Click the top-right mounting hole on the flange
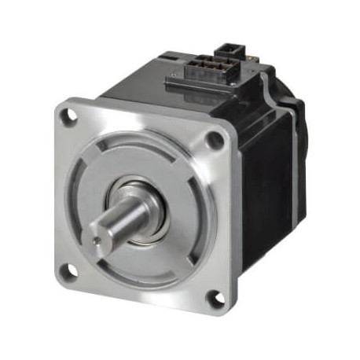(x=213, y=141)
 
